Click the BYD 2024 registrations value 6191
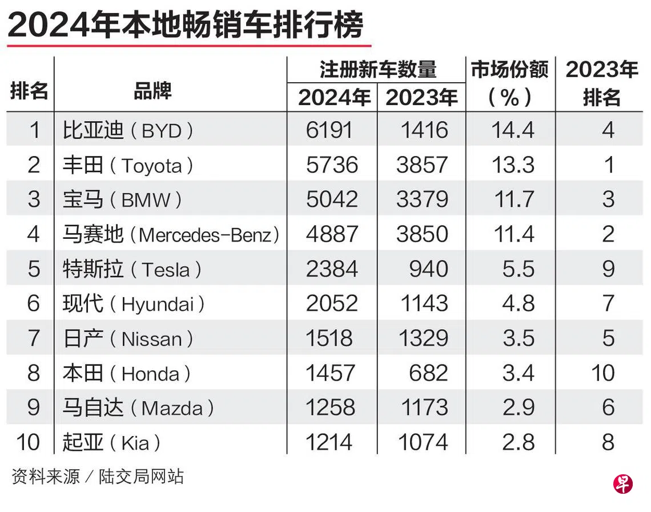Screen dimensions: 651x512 click(x=329, y=130)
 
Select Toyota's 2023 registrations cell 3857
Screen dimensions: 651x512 click(x=422, y=165)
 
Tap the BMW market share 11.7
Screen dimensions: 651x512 click(x=514, y=199)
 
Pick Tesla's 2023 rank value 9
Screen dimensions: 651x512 click(x=608, y=269)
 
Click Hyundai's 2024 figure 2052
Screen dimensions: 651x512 click(x=332, y=303)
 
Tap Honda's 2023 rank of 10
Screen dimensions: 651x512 click(x=603, y=373)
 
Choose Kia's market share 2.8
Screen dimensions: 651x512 click(x=518, y=442)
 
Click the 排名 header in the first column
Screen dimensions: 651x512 click(x=29, y=91)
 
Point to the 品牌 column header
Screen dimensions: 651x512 click(x=153, y=91)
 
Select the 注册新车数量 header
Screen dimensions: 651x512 click(x=378, y=69)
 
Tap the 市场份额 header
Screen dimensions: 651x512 click(x=510, y=69)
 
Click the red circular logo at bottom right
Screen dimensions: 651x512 click(x=623, y=484)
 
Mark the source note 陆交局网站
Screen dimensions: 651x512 click(x=140, y=476)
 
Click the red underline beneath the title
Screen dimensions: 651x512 click(x=189, y=45)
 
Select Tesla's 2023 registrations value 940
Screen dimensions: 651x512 click(x=429, y=269)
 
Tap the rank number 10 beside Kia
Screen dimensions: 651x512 click(x=28, y=442)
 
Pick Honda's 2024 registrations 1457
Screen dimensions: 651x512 click(x=331, y=373)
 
